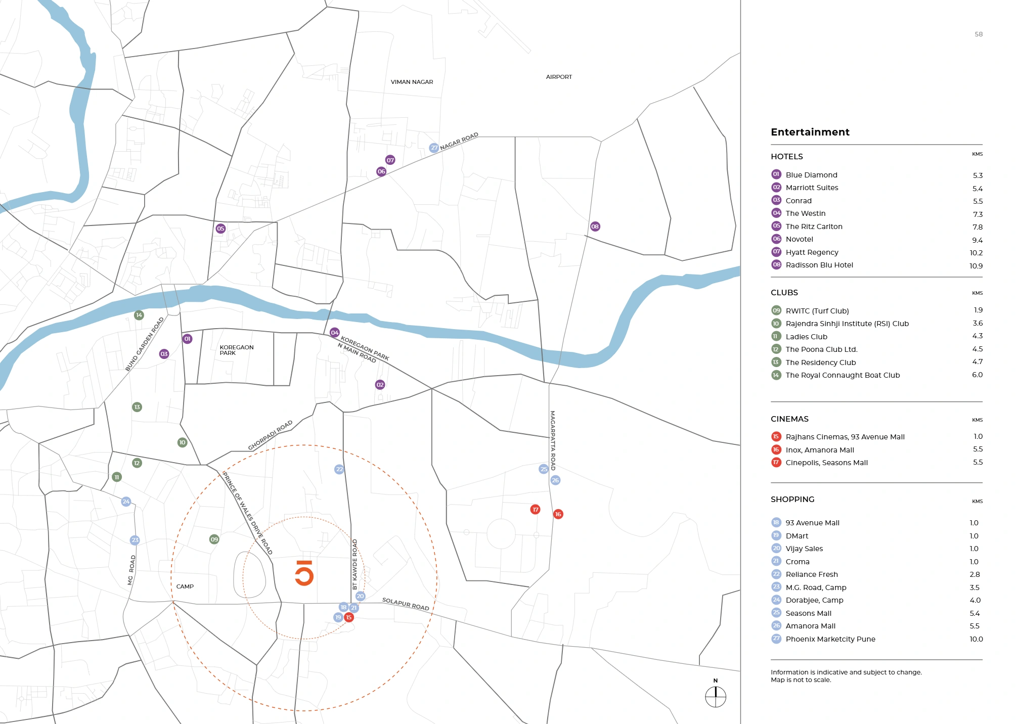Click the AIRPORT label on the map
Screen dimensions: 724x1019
tap(559, 77)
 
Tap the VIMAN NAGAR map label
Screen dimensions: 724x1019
tap(412, 82)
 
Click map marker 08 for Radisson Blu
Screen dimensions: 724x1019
tap(595, 227)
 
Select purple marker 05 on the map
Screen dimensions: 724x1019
tap(220, 229)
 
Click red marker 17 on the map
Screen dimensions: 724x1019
tap(535, 510)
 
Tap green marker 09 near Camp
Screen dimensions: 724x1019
tap(214, 539)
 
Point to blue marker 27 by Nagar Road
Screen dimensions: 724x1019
tap(434, 148)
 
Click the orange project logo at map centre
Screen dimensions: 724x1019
tap(304, 573)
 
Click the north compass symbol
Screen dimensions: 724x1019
tap(716, 697)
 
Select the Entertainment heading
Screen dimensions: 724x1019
tap(810, 132)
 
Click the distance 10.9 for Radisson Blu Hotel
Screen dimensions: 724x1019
tap(976, 266)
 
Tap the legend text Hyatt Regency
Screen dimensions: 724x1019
tap(812, 252)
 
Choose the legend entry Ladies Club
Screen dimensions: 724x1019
tap(806, 337)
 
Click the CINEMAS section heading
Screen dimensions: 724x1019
tap(789, 419)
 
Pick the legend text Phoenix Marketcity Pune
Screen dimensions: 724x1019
tap(830, 639)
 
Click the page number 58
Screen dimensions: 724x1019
tap(979, 34)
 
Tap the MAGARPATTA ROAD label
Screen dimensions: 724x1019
tap(553, 440)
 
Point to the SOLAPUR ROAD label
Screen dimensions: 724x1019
tap(406, 604)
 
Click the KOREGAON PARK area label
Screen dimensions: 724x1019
tap(236, 350)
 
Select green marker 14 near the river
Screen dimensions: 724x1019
tap(139, 315)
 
